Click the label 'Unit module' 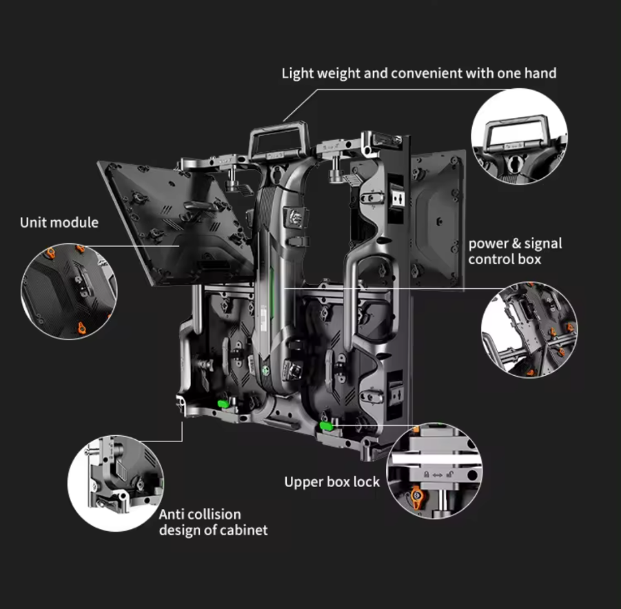pyautogui.click(x=59, y=223)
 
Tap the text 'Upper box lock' pyautogui.click(x=332, y=482)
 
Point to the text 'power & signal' pyautogui.click(x=516, y=243)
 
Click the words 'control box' pyautogui.click(x=505, y=259)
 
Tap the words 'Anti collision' pyautogui.click(x=200, y=515)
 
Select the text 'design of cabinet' pyautogui.click(x=213, y=530)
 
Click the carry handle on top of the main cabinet pyautogui.click(x=279, y=140)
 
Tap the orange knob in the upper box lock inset pyautogui.click(x=416, y=497)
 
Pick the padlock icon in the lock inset pyautogui.click(x=427, y=475)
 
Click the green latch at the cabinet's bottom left pyautogui.click(x=224, y=403)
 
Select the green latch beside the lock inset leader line pyautogui.click(x=326, y=426)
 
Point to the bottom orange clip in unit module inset pyautogui.click(x=81, y=328)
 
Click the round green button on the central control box pyautogui.click(x=266, y=371)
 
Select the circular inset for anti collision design pyautogui.click(x=116, y=483)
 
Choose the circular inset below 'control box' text pyautogui.click(x=529, y=330)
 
